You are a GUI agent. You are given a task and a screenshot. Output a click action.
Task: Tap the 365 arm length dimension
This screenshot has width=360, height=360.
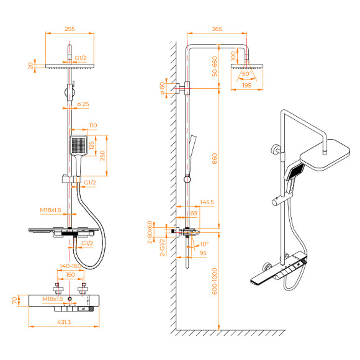click(217, 29)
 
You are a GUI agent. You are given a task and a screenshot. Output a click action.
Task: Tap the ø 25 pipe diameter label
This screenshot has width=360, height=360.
click(84, 103)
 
